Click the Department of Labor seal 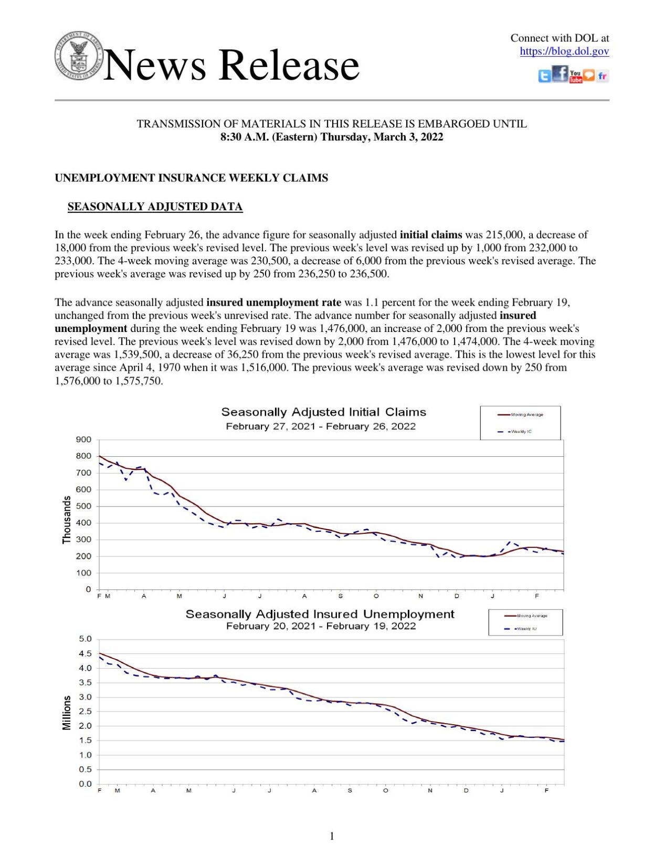pos(78,56)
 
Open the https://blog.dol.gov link pos(564,51)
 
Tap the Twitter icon pos(544,77)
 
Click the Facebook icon pos(560,73)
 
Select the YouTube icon pos(575,77)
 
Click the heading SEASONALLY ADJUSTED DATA pos(155,207)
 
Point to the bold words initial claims pos(430,235)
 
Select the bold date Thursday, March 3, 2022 pos(382,137)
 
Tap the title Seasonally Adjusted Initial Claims pos(323,412)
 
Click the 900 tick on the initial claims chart pos(84,439)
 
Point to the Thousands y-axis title pos(67,520)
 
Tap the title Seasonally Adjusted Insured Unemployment pos(320,614)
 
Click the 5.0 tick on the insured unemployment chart pos(85,639)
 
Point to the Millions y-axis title pos(67,713)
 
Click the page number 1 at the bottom pos(332,836)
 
